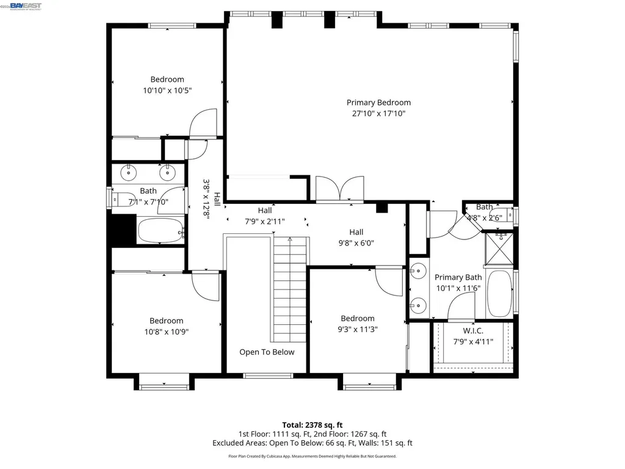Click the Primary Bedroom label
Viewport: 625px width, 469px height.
coord(378,103)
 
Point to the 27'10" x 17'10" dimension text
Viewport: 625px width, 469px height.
coord(378,114)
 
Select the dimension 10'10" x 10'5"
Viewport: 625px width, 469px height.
coord(167,90)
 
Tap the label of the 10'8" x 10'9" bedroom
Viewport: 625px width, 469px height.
coord(167,321)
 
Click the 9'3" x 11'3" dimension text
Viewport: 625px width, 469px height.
coord(357,329)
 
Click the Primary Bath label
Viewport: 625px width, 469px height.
coord(458,277)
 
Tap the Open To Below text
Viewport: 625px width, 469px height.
coord(267,352)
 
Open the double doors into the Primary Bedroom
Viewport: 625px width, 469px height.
coord(339,188)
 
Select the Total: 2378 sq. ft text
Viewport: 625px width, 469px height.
coord(312,425)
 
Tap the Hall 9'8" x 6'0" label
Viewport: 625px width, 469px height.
coord(356,237)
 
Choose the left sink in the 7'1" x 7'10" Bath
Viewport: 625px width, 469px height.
coord(129,173)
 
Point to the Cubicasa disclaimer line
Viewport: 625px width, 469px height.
coord(312,456)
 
